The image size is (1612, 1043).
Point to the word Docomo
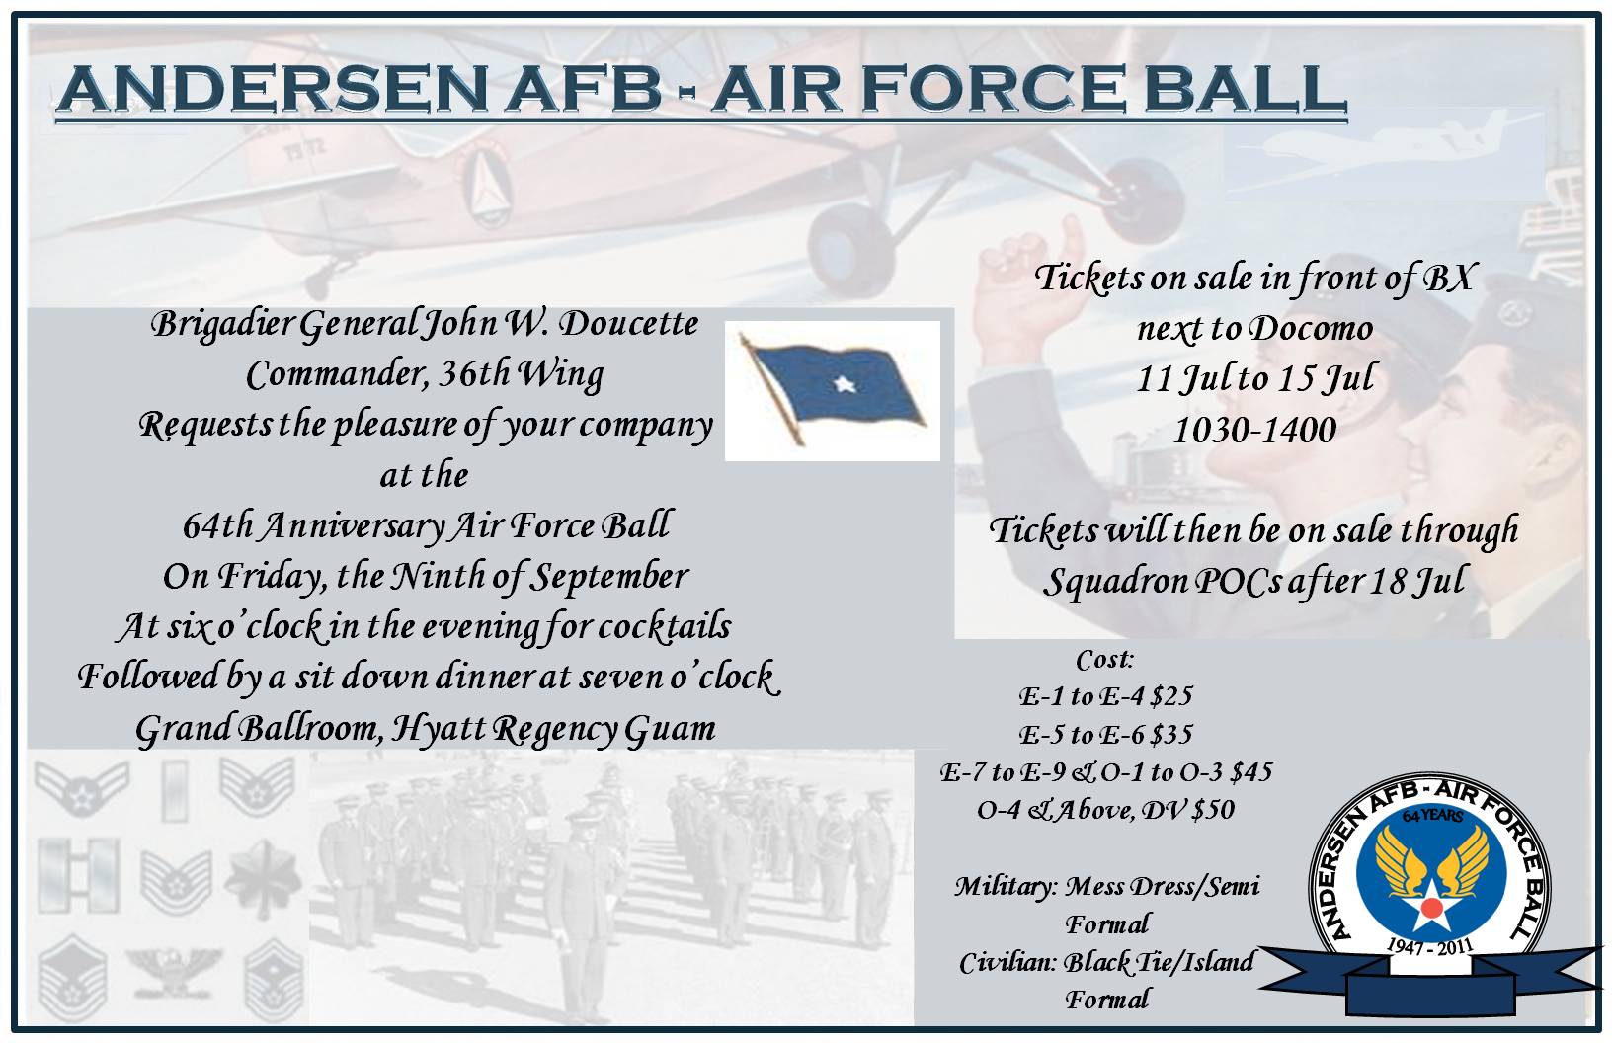click(x=1311, y=327)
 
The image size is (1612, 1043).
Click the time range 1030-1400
click(x=1254, y=430)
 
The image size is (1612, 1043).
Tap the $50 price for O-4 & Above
click(x=1213, y=810)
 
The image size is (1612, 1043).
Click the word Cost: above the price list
click(x=1103, y=659)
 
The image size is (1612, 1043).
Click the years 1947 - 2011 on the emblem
click(x=1429, y=946)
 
